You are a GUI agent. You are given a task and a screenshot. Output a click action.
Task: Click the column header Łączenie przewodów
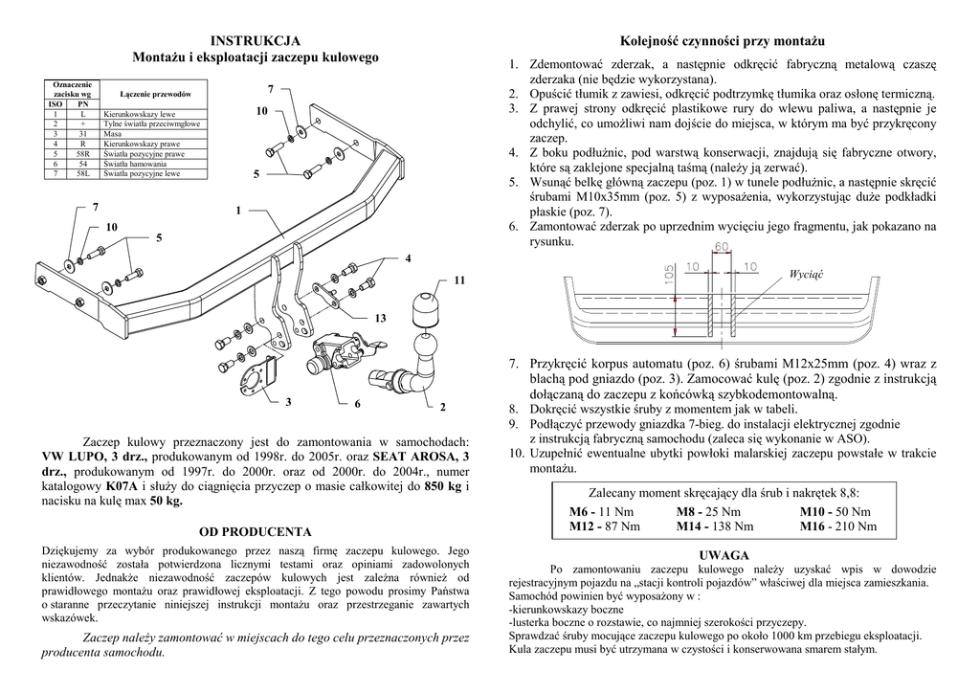tap(155, 94)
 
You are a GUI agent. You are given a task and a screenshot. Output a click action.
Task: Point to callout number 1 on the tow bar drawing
tap(238, 211)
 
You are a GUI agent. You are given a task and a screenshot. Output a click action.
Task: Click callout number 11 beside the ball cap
tap(459, 280)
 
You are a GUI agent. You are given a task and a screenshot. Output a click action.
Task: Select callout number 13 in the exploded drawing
tap(380, 318)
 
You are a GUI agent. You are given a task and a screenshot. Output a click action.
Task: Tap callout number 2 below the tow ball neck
tap(443, 408)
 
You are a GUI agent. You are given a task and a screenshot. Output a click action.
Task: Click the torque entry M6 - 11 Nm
tap(596, 512)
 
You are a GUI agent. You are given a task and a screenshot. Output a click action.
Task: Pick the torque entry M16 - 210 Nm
tap(838, 525)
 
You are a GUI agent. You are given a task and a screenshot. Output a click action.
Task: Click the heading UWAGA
tap(724, 555)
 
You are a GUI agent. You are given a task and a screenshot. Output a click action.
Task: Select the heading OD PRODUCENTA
tap(255, 530)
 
